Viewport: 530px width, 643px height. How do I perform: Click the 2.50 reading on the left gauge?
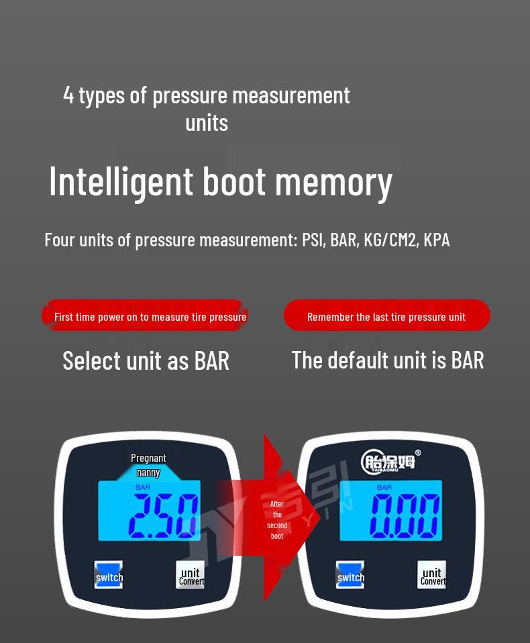click(x=163, y=515)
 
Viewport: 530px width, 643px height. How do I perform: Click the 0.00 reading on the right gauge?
click(x=405, y=515)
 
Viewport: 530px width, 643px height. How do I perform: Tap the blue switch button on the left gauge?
click(x=109, y=575)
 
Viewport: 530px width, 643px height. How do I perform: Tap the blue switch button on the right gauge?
click(x=350, y=575)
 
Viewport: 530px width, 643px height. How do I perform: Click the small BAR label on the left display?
click(x=143, y=487)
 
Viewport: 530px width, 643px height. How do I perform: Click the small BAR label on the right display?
click(x=384, y=487)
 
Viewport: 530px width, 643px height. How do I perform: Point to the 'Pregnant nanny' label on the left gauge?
click(x=148, y=464)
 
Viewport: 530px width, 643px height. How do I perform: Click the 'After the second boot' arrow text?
click(x=277, y=520)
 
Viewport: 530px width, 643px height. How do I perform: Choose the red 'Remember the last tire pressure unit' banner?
click(x=386, y=316)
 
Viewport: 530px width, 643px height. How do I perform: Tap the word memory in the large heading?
click(x=333, y=181)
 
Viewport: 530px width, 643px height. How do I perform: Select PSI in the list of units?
click(x=313, y=240)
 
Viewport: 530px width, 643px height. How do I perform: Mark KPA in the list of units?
click(x=437, y=240)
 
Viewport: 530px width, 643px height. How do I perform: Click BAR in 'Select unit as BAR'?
click(x=212, y=360)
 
